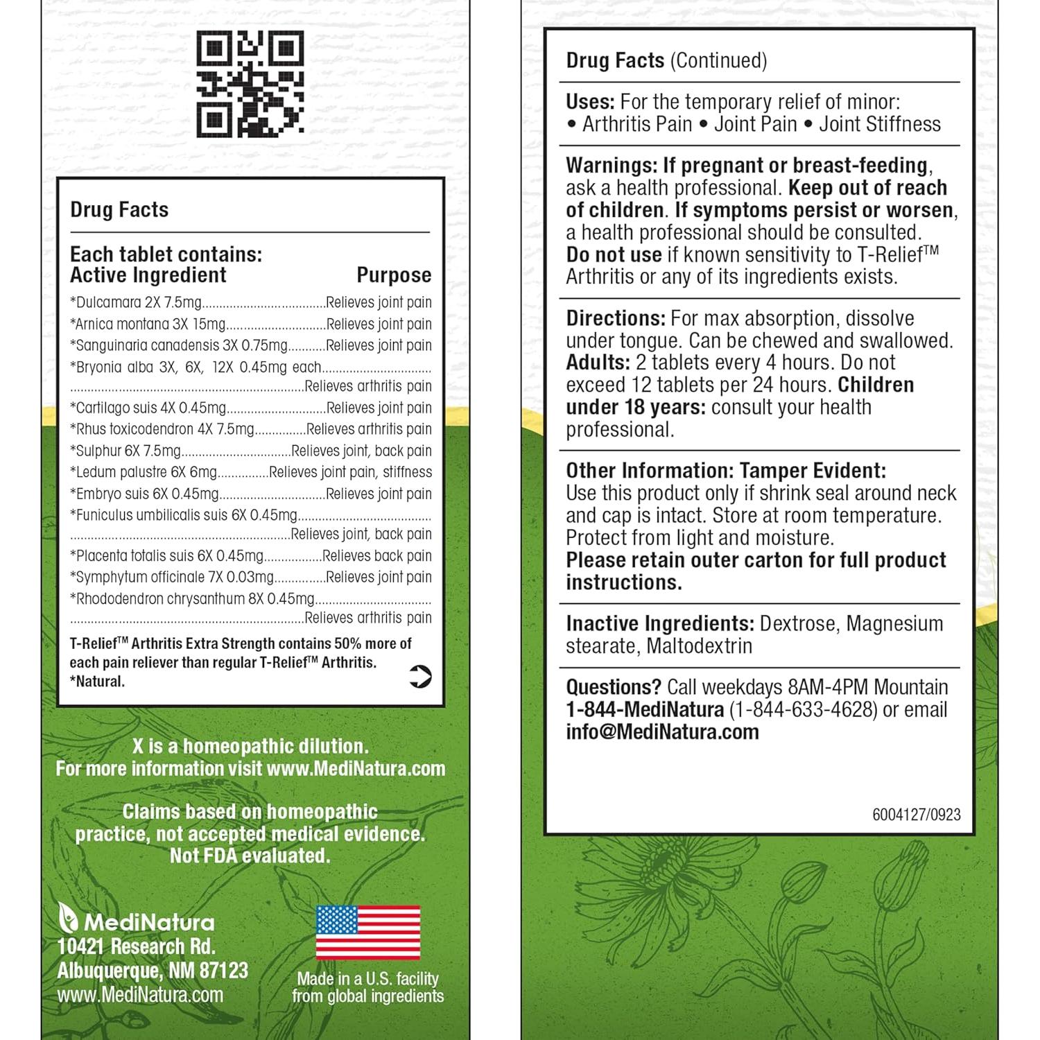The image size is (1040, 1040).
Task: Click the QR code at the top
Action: (250, 85)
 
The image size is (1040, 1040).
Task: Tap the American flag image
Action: (367, 933)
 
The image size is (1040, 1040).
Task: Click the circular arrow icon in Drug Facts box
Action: (420, 676)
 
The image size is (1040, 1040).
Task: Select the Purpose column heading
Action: (393, 275)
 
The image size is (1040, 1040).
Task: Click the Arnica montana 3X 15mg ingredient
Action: (148, 324)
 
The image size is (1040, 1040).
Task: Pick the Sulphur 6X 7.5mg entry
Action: (125, 451)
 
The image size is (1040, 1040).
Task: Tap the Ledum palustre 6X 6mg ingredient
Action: (144, 472)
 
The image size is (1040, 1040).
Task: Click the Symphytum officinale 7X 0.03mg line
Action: (172, 577)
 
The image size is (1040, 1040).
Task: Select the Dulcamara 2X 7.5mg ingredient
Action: (136, 302)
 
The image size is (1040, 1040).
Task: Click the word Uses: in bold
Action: (590, 102)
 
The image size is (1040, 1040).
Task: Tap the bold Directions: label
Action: (616, 319)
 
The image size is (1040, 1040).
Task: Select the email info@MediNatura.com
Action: (662, 732)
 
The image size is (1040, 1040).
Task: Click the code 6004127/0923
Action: (916, 815)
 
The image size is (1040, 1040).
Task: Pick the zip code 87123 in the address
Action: (223, 971)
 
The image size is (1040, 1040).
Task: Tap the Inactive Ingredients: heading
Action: (659, 624)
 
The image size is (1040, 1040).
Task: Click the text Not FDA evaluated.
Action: (250, 856)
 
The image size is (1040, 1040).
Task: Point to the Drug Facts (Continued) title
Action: (666, 61)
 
